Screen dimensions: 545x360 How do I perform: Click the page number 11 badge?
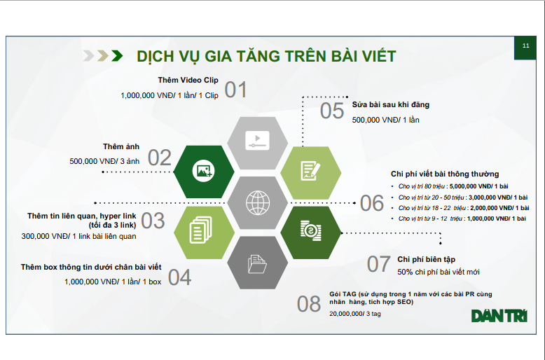point(525,48)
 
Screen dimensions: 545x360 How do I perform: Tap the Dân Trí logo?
point(499,316)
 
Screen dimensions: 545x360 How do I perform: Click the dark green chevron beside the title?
point(117,55)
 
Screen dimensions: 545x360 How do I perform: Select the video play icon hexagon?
point(258,142)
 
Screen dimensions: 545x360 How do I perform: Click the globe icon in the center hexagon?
point(258,202)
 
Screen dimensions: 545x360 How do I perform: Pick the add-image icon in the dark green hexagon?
point(203,171)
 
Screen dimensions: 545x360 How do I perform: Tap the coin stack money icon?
point(311,230)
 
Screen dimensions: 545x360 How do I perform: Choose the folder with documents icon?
point(257,264)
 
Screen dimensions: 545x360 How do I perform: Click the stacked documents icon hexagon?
point(204,233)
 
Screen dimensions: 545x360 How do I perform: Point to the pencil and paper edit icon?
point(310,171)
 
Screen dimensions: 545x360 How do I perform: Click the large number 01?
point(235,90)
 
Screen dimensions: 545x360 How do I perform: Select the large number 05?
point(332,111)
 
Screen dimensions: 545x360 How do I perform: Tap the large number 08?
point(309,304)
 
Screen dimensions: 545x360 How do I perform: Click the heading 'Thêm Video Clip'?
point(188,80)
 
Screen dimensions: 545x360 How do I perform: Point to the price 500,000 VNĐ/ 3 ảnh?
point(104,161)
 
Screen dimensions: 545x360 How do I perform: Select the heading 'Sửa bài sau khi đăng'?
point(391,104)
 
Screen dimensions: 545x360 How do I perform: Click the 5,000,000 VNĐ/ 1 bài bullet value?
point(478,186)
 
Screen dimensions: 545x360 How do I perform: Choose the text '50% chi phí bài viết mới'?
point(439,272)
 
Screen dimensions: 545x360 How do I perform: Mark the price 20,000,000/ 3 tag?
point(355,314)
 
